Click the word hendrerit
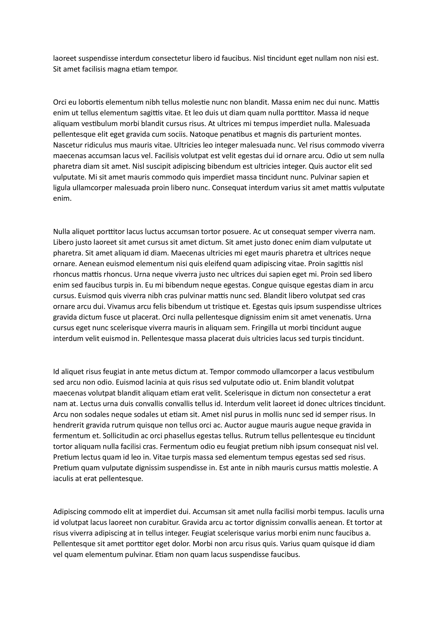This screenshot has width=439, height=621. point(68,425)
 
